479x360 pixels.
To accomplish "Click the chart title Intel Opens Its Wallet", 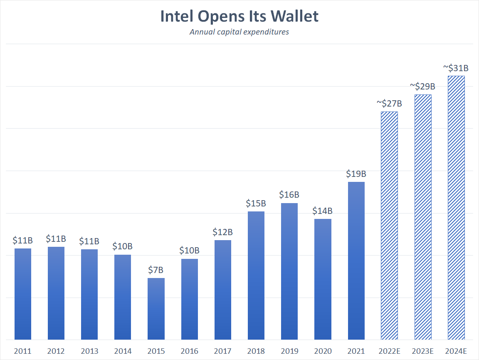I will click(239, 16).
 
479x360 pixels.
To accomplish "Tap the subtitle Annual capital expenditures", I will click(239, 32).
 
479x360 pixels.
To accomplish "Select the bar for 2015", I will click(156, 309).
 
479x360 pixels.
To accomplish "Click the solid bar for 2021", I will click(356, 261).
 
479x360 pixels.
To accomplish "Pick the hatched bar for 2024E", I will click(456, 208).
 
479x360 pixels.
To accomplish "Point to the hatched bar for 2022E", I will click(389, 226).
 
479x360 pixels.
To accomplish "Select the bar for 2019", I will click(289, 271).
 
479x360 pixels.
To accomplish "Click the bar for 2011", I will click(23, 294).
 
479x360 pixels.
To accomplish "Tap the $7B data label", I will click(156, 270).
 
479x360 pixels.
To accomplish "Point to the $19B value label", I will click(356, 174).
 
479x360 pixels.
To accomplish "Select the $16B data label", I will click(289, 195).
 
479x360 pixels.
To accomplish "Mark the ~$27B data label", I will click(389, 103).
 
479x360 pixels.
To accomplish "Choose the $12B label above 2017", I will click(222, 232).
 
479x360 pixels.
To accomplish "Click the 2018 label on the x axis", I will click(256, 351).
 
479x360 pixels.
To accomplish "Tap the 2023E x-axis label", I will click(423, 351).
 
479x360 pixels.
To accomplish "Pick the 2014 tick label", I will click(123, 351).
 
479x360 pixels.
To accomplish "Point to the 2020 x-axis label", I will click(323, 351).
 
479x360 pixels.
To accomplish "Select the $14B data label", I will click(323, 211).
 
